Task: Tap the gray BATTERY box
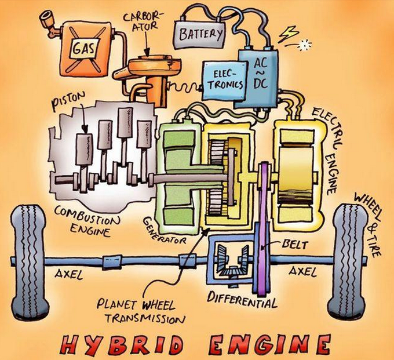point(200,34)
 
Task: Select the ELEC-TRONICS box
point(224,80)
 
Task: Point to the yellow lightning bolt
point(289,34)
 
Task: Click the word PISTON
point(68,100)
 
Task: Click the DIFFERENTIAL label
point(242,299)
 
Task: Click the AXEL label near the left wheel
point(68,275)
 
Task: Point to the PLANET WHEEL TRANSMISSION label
point(141,312)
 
